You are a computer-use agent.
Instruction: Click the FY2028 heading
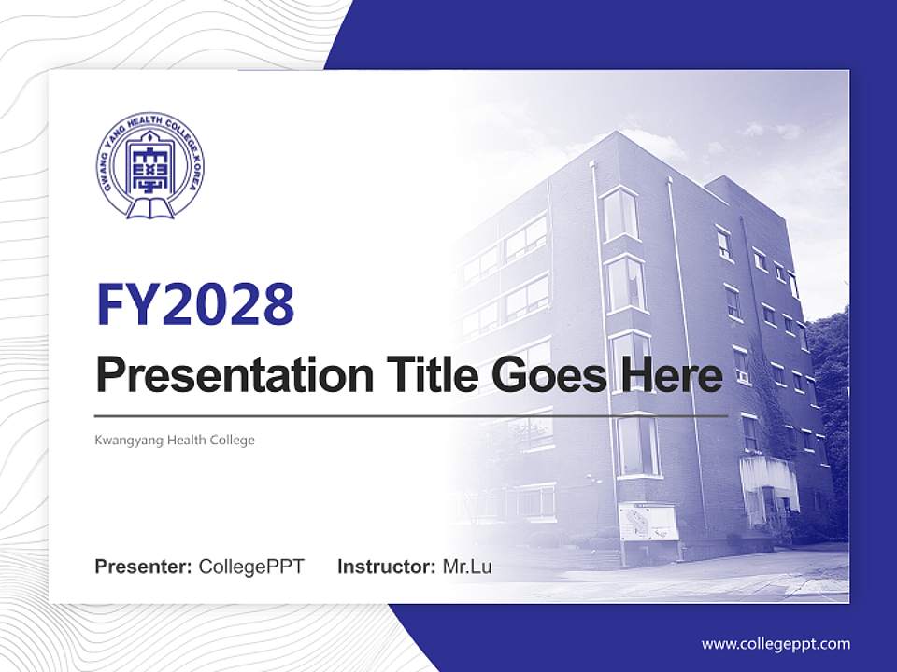coord(195,304)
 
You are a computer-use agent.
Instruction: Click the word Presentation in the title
coord(235,375)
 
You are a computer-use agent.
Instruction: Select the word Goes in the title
coord(548,375)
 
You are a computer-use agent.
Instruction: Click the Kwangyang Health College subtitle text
coord(175,440)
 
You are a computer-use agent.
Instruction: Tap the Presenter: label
coord(143,567)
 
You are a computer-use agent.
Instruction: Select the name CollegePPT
coord(251,567)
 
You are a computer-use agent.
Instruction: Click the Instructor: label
coord(387,567)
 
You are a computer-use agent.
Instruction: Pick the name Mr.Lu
coord(467,567)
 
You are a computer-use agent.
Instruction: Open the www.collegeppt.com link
coord(776,644)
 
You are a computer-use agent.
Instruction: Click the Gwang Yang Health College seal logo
coord(149,165)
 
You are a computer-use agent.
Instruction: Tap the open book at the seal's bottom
coord(149,208)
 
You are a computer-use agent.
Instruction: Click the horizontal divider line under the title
coord(411,416)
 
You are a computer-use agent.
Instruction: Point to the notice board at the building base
coord(648,522)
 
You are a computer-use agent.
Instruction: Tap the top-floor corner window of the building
coord(620,214)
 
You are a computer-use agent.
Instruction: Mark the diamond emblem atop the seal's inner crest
coord(149,138)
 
